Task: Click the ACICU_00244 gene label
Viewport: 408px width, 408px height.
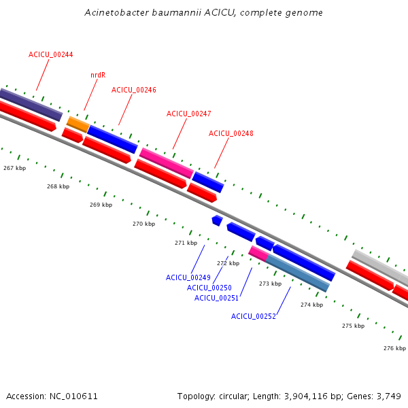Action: [51, 54]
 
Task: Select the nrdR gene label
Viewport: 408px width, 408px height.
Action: [98, 75]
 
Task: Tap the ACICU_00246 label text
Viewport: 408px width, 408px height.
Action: [134, 90]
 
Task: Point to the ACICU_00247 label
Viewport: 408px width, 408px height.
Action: [189, 114]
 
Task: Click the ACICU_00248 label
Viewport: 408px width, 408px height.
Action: [231, 133]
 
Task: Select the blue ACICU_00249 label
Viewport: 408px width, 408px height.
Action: [188, 277]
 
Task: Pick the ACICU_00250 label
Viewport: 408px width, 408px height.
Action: [209, 288]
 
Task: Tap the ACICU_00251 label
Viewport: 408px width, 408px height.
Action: [217, 298]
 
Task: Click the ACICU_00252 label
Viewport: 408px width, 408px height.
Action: [254, 316]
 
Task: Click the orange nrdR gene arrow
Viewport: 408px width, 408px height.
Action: [78, 124]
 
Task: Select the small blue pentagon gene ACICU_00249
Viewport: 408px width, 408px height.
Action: [217, 220]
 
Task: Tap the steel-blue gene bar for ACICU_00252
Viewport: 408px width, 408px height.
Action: [297, 273]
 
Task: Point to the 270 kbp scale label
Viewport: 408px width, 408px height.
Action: [143, 224]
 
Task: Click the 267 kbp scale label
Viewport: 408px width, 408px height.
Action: [14, 168]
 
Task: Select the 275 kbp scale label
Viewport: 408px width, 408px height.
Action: [353, 326]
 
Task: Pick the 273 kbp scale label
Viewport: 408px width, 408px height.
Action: [270, 284]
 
